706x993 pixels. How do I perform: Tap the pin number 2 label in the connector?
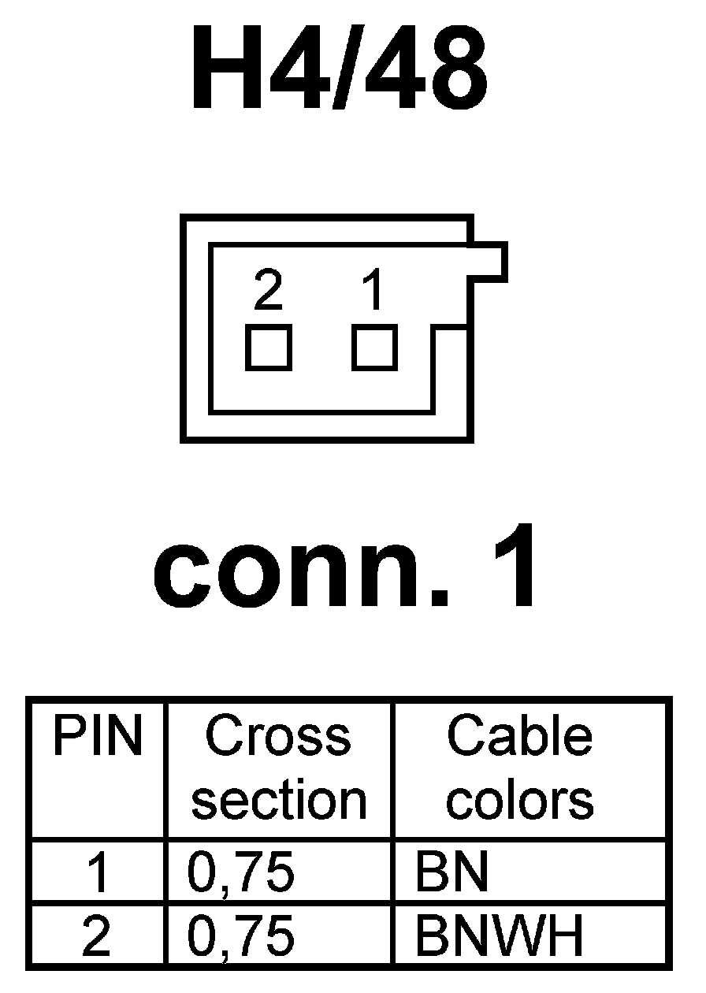point(268,291)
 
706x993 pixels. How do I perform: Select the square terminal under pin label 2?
point(269,348)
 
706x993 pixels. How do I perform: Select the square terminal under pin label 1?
point(374,348)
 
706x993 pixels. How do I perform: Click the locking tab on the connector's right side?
point(489,262)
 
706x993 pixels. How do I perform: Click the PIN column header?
point(98,738)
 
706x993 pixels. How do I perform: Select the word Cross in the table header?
point(278,736)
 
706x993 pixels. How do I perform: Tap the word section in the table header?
point(279,801)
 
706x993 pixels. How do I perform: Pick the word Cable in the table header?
point(519,736)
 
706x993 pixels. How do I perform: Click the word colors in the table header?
point(520,801)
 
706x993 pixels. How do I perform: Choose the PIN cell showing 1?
point(97,873)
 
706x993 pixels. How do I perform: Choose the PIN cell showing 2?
point(97,936)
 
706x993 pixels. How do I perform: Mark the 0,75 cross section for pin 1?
point(241,873)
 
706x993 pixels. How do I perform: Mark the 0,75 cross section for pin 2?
point(241,936)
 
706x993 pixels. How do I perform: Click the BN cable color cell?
point(451,873)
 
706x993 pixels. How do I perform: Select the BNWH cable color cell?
point(500,936)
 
